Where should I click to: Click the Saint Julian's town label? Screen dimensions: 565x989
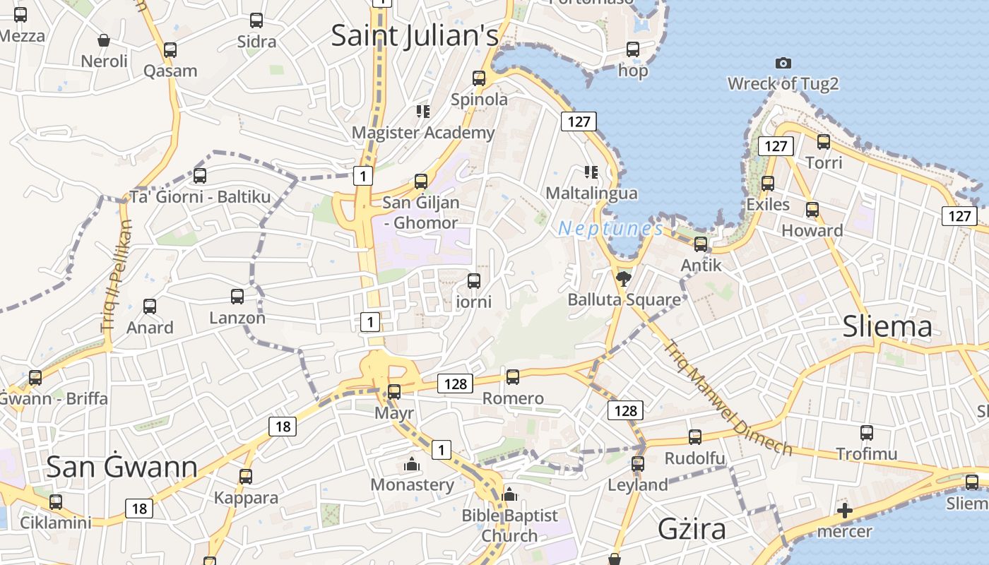[x=415, y=35]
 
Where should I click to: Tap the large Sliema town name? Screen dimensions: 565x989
[x=887, y=326]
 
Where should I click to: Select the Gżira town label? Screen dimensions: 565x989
[x=692, y=528]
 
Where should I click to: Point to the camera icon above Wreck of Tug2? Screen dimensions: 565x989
[x=783, y=63]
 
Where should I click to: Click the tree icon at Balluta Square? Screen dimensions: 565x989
[x=623, y=279]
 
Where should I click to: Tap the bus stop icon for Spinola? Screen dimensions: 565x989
[x=479, y=78]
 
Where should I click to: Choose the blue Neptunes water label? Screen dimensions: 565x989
[x=610, y=229]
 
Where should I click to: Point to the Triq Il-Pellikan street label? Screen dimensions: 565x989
[x=116, y=276]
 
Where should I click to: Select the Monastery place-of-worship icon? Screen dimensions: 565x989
[x=411, y=464]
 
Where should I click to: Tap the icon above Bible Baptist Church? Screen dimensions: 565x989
[x=509, y=495]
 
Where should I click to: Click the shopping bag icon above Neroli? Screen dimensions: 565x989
[x=104, y=40]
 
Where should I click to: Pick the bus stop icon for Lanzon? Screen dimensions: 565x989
[x=237, y=297]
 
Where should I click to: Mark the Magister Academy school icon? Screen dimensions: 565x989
[x=422, y=112]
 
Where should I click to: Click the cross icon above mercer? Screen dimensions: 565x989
[x=844, y=511]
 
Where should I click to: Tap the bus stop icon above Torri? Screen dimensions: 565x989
[x=824, y=142]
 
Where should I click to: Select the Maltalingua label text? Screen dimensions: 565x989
[x=591, y=193]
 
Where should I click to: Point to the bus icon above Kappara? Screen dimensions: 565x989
[x=246, y=477]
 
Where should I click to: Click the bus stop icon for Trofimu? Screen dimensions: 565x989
[x=867, y=433]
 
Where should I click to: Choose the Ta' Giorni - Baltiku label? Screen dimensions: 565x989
[x=200, y=197]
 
